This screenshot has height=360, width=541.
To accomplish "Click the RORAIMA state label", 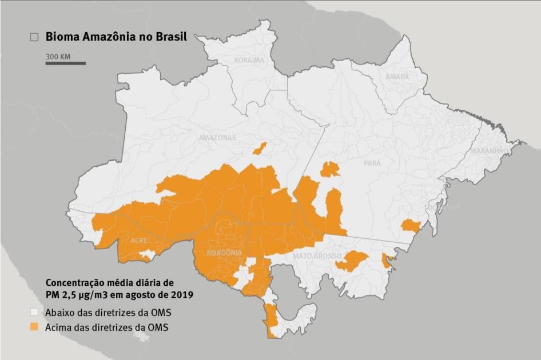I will (x=249, y=60).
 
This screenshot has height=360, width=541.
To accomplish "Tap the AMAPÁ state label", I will (x=397, y=77).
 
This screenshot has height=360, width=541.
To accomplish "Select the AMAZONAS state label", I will (x=217, y=138).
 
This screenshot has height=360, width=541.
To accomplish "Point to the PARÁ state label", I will (x=372, y=163).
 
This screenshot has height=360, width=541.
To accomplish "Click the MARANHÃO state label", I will (x=488, y=151).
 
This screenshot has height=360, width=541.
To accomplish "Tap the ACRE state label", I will (x=139, y=241).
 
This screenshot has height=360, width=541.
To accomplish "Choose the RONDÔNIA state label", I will (x=224, y=253).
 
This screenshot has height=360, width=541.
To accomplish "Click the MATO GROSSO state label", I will (x=317, y=255).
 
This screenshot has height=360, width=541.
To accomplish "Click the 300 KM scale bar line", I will (x=66, y=63).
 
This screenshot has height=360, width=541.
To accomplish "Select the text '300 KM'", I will (x=58, y=57).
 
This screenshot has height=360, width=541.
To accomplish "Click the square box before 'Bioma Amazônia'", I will (x=34, y=37).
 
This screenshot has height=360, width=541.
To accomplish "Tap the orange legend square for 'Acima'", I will (x=34, y=327).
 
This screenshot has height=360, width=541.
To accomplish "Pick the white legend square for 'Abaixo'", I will (x=34, y=313).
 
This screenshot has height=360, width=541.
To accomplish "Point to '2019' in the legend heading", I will (x=181, y=295).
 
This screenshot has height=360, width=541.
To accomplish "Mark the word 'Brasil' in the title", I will (x=169, y=37).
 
